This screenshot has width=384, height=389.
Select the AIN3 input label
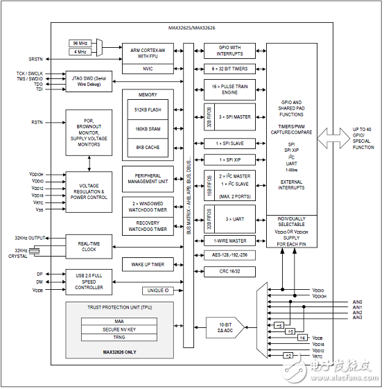(357, 318)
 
